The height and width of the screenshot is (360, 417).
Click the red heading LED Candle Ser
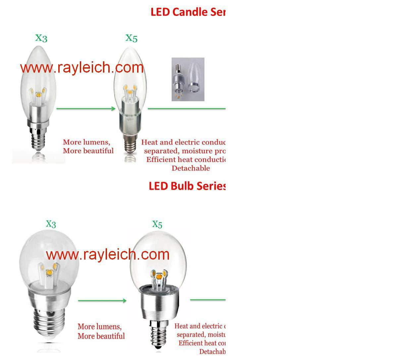[188, 12]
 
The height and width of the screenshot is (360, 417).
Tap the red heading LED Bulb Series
[187, 186]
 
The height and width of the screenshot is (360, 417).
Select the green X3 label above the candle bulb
[41, 38]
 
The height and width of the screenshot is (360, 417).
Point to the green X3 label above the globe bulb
[51, 224]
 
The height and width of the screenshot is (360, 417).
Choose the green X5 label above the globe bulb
[157, 225]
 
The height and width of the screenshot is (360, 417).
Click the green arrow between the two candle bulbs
[86, 108]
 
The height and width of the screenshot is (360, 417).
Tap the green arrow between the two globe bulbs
[102, 301]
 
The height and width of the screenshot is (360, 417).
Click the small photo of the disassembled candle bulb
[188, 79]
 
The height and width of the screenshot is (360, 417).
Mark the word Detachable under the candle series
[190, 168]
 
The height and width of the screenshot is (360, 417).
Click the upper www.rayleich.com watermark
[82, 68]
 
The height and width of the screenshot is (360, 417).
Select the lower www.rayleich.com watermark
[108, 255]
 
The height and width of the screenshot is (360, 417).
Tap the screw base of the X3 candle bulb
[39, 139]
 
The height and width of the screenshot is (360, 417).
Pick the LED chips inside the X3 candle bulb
[39, 94]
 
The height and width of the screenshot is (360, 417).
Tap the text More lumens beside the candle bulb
[86, 143]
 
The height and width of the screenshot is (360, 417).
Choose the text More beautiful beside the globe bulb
[101, 336]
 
